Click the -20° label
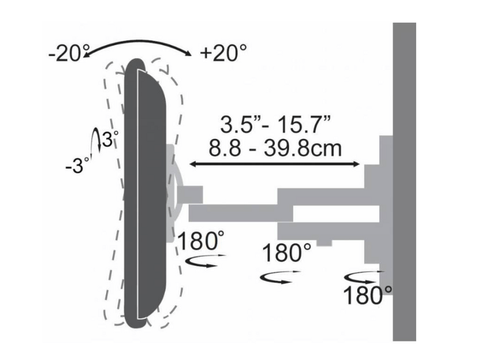click(68, 53)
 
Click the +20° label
click(223, 53)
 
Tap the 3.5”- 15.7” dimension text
click(275, 124)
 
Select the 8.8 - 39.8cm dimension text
click(275, 148)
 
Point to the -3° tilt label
click(77, 166)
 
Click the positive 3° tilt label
click(110, 139)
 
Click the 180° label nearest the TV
click(201, 241)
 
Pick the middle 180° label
click(287, 252)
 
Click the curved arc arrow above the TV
click(138, 40)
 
